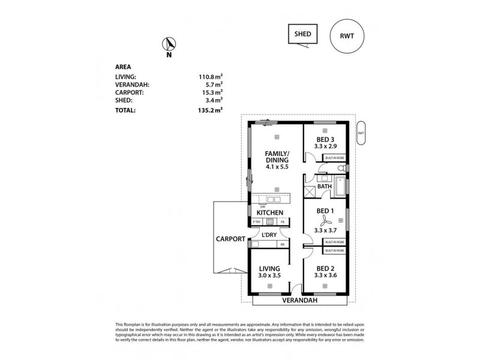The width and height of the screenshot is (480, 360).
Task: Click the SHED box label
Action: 302,34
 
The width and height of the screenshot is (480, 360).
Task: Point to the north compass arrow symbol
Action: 170,45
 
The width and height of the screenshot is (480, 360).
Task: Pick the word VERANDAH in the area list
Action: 132,85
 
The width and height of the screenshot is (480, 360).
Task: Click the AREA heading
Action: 122,68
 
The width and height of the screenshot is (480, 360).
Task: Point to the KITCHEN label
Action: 269,212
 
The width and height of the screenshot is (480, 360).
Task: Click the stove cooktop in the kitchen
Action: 270,222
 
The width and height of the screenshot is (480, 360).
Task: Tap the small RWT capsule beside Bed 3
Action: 360,133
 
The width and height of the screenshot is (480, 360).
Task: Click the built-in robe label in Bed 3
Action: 335,158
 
